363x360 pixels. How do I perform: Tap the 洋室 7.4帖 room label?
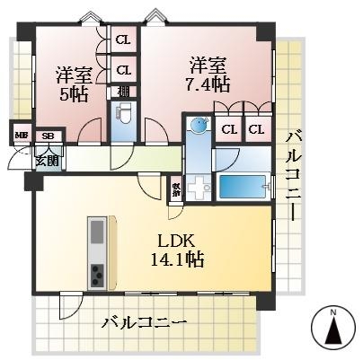tap(208, 75)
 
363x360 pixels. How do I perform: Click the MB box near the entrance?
tap(19, 136)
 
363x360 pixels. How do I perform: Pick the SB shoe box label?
tap(48, 136)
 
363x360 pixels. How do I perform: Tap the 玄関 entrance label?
tap(47, 162)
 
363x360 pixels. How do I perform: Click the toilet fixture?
tap(125, 114)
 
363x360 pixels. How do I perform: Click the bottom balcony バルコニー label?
tap(144, 321)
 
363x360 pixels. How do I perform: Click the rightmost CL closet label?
tap(256, 129)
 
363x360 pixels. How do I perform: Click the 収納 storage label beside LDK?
tap(176, 190)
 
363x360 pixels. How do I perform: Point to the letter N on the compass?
tap(332, 312)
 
